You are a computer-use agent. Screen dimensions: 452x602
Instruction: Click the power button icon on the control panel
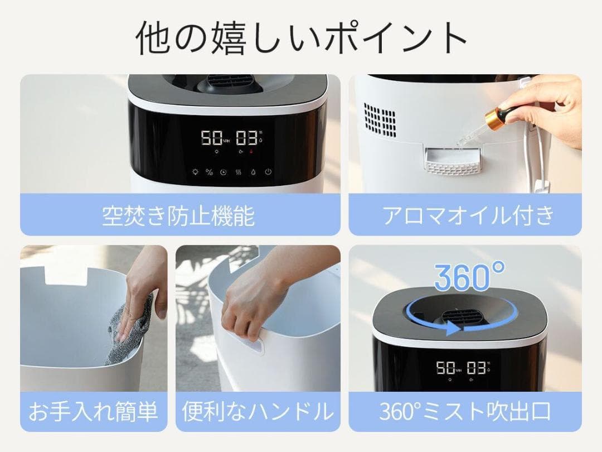tap(269, 172)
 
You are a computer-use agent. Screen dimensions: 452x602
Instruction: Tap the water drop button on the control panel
tap(254, 172)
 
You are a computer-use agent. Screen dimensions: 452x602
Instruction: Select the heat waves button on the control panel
tap(239, 172)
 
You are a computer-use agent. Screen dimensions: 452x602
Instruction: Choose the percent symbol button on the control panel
tap(210, 172)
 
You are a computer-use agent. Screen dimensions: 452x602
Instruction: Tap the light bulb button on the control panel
tap(195, 172)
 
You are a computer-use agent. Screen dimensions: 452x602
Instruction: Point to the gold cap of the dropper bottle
tap(494, 117)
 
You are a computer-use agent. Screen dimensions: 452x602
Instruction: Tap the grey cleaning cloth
tap(134, 324)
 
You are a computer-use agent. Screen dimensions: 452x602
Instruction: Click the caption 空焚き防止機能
tap(178, 215)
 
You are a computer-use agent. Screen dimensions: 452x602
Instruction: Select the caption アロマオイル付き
tap(468, 215)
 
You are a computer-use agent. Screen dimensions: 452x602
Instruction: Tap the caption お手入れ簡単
tap(93, 412)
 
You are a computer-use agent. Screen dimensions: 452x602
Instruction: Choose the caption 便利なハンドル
tap(258, 412)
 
